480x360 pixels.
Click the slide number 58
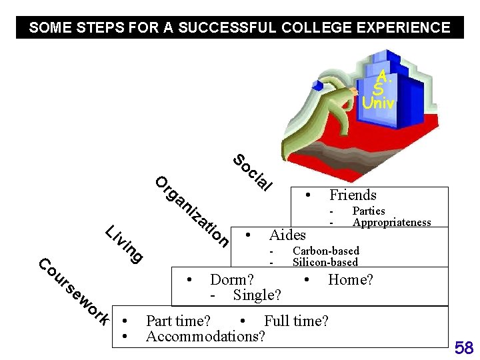click(x=463, y=347)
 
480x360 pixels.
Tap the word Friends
click(x=353, y=195)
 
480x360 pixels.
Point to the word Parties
click(x=369, y=211)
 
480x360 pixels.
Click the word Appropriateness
click(x=391, y=223)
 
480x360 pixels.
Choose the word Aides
click(x=287, y=235)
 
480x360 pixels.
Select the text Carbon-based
click(x=325, y=251)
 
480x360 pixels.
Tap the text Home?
click(x=351, y=280)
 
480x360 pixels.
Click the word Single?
click(x=257, y=295)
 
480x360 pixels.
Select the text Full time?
click(x=296, y=321)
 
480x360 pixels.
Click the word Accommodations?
click(x=205, y=336)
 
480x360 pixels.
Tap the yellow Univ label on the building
click(x=378, y=103)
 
